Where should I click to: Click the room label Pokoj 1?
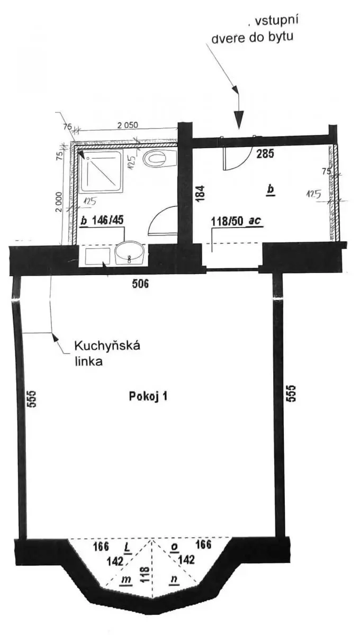(x=148, y=396)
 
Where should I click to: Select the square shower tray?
(x=102, y=171)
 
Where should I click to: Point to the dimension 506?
(x=140, y=284)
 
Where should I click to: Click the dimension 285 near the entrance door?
(x=265, y=153)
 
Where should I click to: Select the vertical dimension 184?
(x=200, y=193)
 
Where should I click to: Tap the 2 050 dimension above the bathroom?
(x=128, y=125)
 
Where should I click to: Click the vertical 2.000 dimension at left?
(x=58, y=202)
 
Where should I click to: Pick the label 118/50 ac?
(x=236, y=221)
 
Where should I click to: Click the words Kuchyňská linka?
(x=107, y=354)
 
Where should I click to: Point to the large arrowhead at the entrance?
(x=239, y=119)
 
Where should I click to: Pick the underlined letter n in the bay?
(x=174, y=579)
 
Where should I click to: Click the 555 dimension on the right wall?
(x=292, y=393)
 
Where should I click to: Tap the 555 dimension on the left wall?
(x=32, y=399)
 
